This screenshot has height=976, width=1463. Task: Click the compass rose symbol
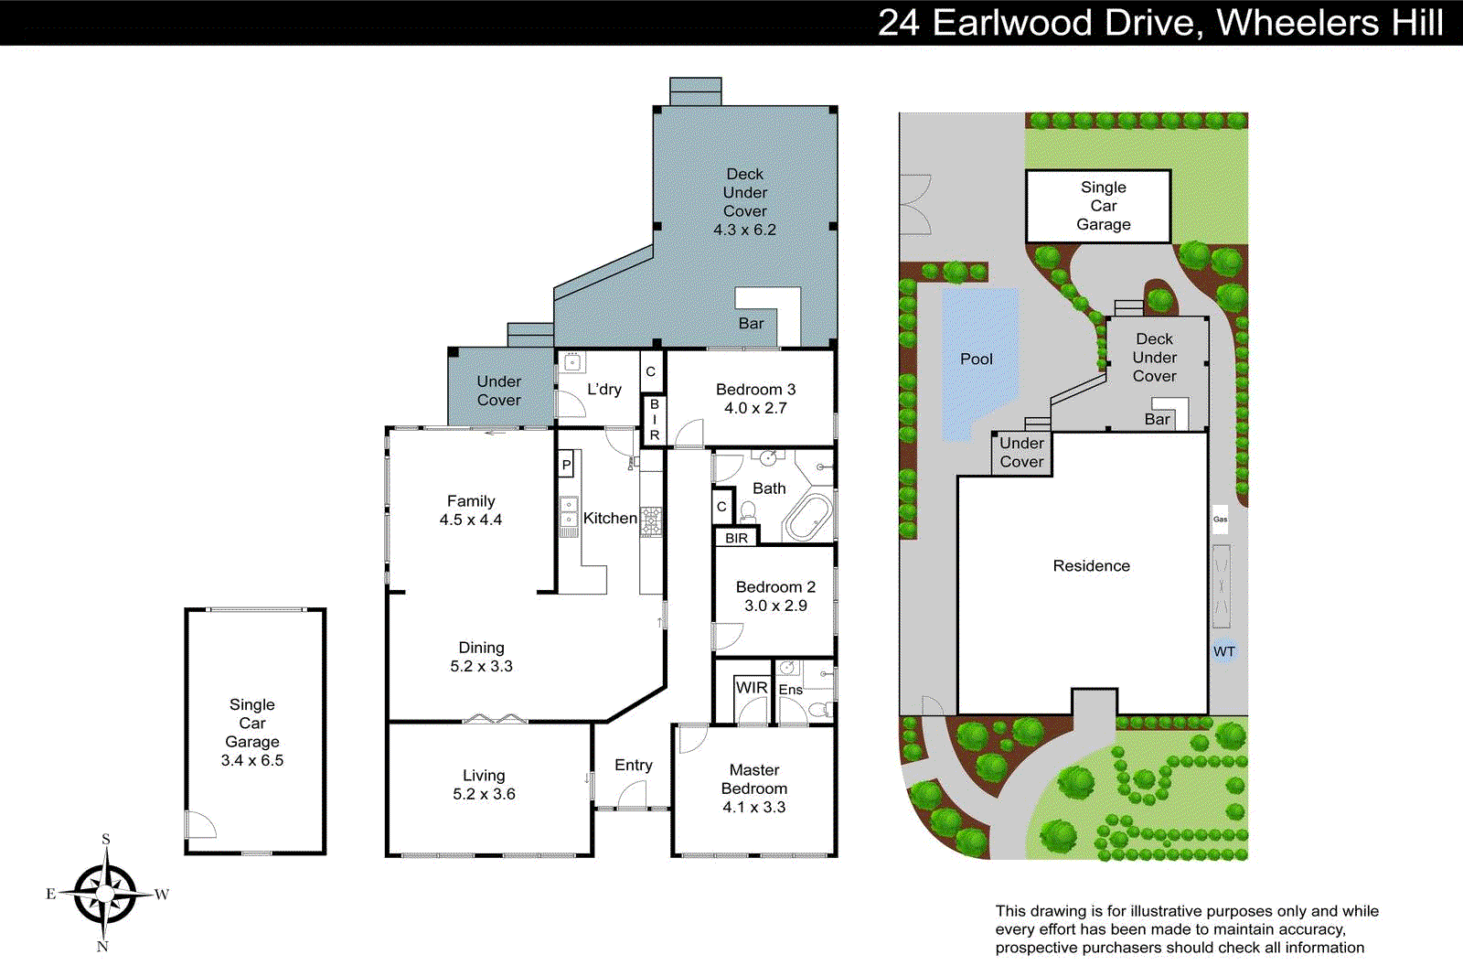(106, 893)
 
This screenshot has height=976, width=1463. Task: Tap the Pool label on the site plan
(976, 359)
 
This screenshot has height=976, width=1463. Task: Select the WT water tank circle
(1224, 651)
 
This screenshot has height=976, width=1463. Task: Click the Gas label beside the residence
(1220, 520)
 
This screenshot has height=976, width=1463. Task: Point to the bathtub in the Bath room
(808, 519)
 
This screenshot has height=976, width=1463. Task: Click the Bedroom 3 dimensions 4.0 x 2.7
(755, 408)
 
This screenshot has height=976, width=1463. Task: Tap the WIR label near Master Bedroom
(751, 688)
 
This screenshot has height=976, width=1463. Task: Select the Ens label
(790, 690)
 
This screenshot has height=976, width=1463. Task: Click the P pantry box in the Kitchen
(566, 465)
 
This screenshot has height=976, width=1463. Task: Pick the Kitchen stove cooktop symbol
(650, 521)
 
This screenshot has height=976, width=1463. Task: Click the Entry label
(633, 765)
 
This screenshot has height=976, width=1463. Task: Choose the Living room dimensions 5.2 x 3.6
(484, 794)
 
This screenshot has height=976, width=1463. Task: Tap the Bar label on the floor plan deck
(751, 323)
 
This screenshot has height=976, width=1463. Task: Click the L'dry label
(603, 389)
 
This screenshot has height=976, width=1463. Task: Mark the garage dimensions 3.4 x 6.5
(252, 760)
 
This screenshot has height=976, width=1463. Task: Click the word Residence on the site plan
(1091, 566)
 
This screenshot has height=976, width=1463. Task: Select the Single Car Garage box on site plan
(1098, 206)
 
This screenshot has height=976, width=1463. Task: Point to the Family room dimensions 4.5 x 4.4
(470, 520)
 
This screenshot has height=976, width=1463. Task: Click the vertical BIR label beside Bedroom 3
(654, 420)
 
